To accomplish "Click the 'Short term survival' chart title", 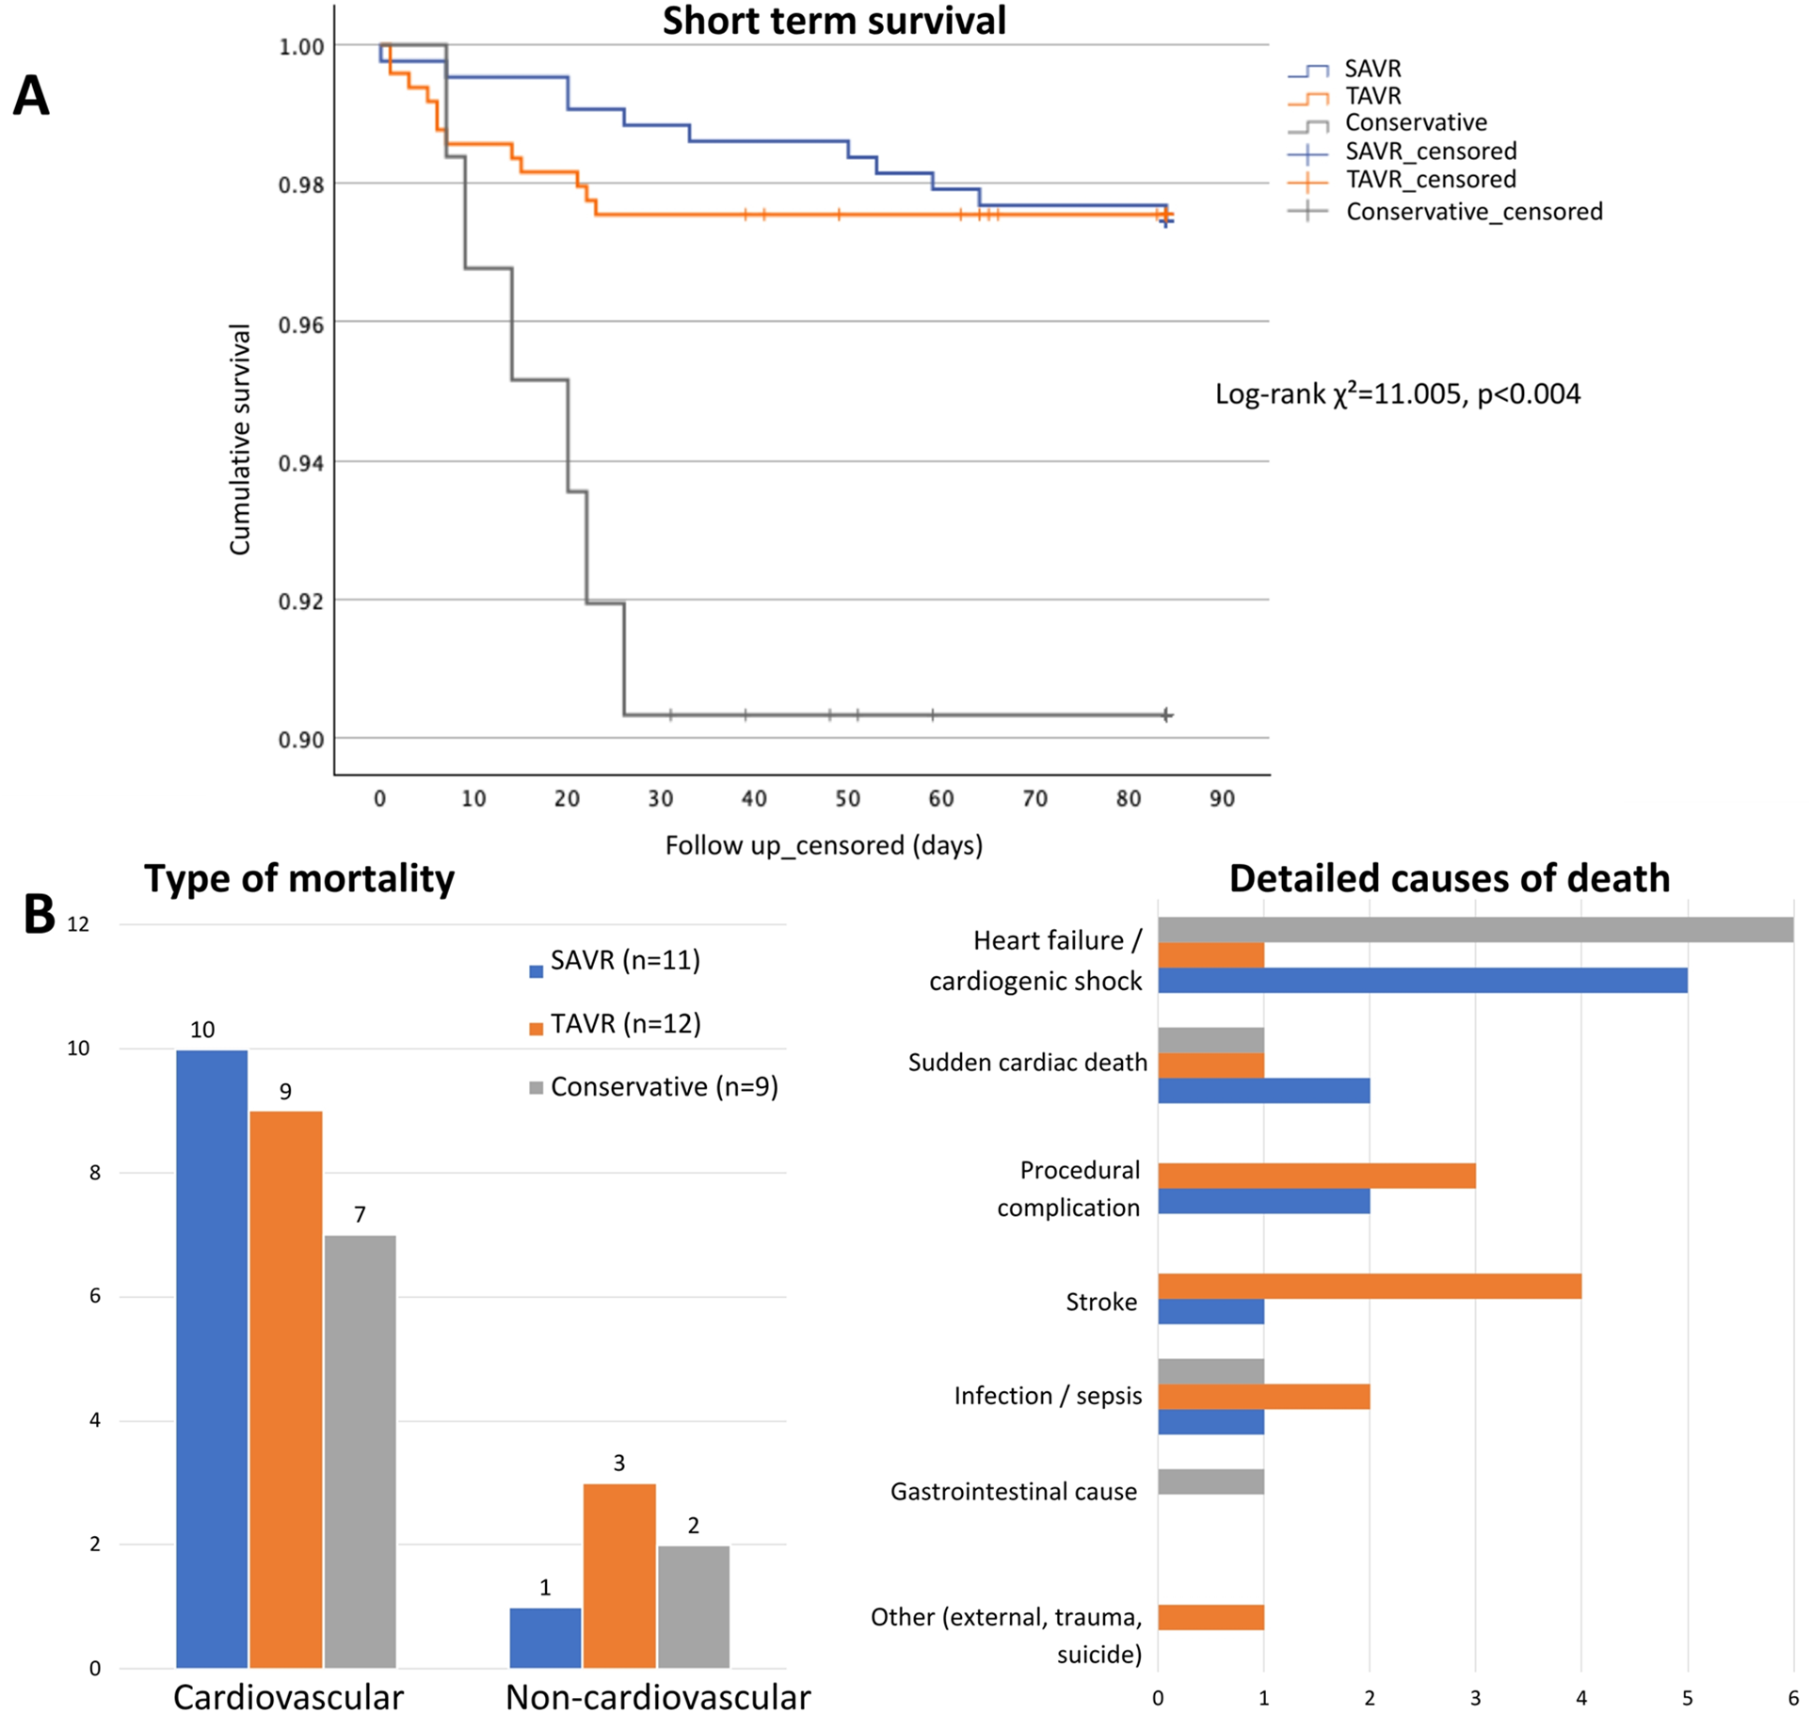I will pyautogui.click(x=834, y=21).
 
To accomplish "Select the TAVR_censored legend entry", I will pyautogui.click(x=1430, y=180).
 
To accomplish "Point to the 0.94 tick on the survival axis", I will pyautogui.click(x=301, y=462).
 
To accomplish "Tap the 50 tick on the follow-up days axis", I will pyautogui.click(x=847, y=799).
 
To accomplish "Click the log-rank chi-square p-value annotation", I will pyautogui.click(x=1397, y=393).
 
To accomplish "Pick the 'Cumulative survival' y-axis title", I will pyautogui.click(x=240, y=440).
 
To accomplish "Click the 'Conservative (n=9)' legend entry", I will pyautogui.click(x=664, y=1087).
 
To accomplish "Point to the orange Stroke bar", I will pyautogui.click(x=1369, y=1287).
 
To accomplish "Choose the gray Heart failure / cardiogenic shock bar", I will pyautogui.click(x=1474, y=930).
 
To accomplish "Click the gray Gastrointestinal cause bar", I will pyautogui.click(x=1211, y=1482).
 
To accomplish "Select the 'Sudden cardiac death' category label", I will pyautogui.click(x=1027, y=1064).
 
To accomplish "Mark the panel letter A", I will pyautogui.click(x=31, y=96).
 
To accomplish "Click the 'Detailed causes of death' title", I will pyautogui.click(x=1449, y=878).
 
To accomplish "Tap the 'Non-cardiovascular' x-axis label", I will pyautogui.click(x=658, y=1697).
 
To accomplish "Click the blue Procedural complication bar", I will pyautogui.click(x=1263, y=1201).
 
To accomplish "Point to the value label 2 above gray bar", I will pyautogui.click(x=694, y=1526).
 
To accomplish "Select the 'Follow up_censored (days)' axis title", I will pyautogui.click(x=824, y=845).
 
